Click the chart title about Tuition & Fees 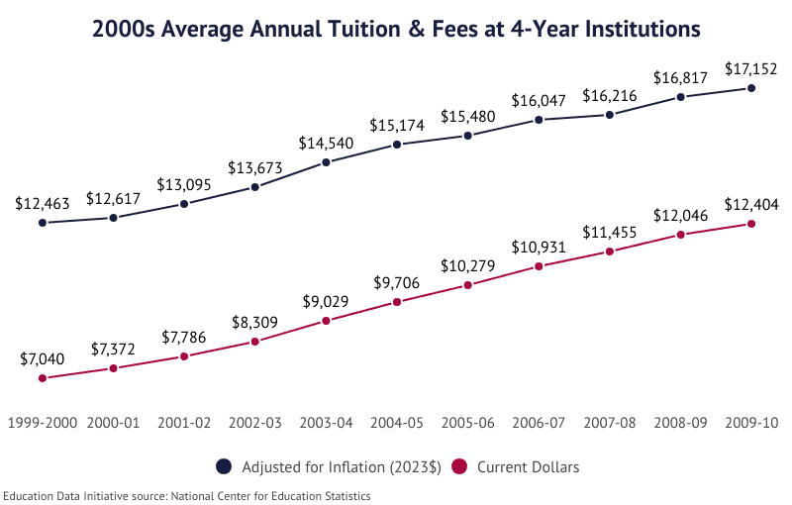(x=396, y=29)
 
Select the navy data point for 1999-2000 (x=43, y=223)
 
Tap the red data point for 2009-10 (x=751, y=224)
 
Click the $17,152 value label (x=751, y=71)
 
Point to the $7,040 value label (x=43, y=360)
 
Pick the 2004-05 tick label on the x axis (x=397, y=423)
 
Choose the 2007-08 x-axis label (x=610, y=423)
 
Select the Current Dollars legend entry (x=528, y=466)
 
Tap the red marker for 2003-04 (x=326, y=321)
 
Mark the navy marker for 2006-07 (x=539, y=120)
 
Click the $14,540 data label (x=326, y=144)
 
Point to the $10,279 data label (x=468, y=267)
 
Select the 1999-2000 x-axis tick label (x=43, y=423)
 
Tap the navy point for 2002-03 (x=255, y=186)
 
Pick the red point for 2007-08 (x=610, y=252)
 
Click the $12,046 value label (x=681, y=216)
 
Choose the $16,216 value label (x=610, y=96)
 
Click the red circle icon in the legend (x=459, y=466)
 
